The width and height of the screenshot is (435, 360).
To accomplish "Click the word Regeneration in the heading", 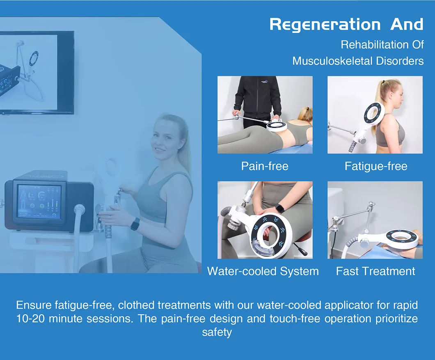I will click(x=327, y=25).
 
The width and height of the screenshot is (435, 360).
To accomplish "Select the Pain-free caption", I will click(x=265, y=166).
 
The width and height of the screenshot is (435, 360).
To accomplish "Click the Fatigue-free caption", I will click(x=375, y=166).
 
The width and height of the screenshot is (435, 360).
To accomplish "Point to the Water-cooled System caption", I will click(x=263, y=271).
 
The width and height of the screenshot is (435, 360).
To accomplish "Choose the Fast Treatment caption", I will click(x=375, y=271).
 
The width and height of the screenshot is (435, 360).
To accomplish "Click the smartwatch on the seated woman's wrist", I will click(x=135, y=224).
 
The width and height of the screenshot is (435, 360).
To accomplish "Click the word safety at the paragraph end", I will click(x=217, y=332).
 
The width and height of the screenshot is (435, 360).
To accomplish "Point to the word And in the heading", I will click(x=407, y=25).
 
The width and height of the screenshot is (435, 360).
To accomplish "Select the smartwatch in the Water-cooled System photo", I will click(x=280, y=208).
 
